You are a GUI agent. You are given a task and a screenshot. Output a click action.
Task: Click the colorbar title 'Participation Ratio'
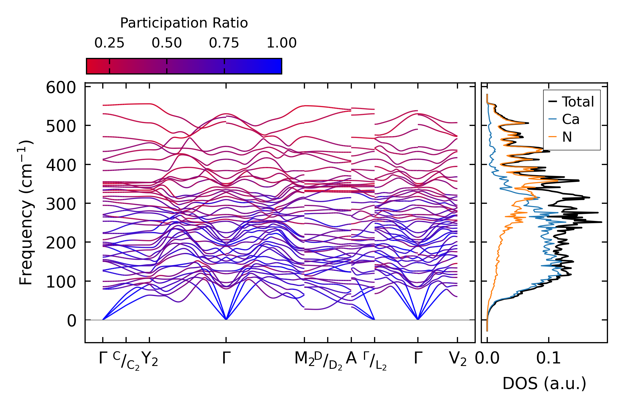[184, 23]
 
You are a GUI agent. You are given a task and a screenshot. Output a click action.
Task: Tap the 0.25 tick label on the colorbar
[109, 43]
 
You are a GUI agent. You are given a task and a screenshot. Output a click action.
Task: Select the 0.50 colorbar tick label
[167, 43]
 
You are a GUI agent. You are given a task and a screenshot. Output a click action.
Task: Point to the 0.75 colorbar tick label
[224, 43]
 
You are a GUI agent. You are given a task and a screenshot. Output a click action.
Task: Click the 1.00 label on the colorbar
[281, 43]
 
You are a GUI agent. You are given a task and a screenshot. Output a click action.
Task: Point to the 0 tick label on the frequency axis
[71, 321]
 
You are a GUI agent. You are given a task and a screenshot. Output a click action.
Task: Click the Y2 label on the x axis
[150, 359]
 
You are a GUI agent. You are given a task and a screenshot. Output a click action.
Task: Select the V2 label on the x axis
[458, 359]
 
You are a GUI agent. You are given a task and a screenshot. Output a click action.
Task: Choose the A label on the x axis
[351, 358]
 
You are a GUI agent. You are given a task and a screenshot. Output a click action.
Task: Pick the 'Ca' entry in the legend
[571, 119]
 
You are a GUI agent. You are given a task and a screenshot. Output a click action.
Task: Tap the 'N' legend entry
[567, 137]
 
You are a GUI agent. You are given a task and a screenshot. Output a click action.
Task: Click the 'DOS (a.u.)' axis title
[544, 384]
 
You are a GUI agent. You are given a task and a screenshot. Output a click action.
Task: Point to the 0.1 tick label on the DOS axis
[548, 359]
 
